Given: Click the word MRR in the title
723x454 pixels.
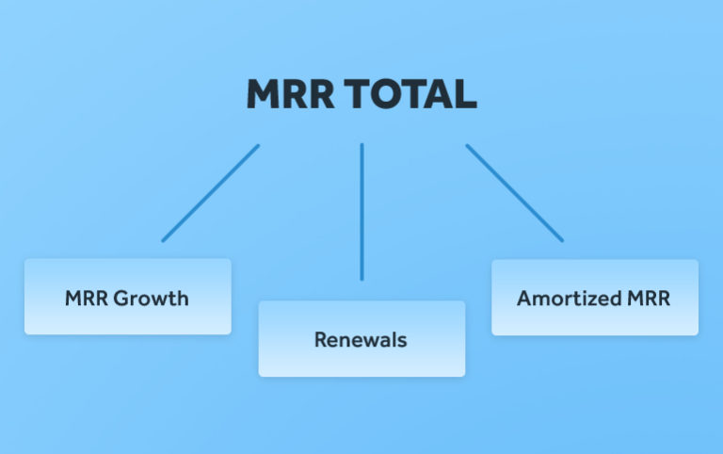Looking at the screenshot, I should [290, 94].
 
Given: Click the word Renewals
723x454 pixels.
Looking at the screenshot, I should [361, 340].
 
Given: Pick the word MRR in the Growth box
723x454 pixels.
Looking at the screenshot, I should [87, 300].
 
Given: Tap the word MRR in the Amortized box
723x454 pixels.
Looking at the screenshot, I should [649, 300].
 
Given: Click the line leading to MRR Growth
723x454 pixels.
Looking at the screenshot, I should [210, 193].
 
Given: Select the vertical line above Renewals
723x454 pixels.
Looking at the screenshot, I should [361, 212].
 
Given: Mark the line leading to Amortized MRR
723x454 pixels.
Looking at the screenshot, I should [514, 193].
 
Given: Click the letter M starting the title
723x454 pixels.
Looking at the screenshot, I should [263, 94].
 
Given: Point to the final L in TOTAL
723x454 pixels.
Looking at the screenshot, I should [466, 94].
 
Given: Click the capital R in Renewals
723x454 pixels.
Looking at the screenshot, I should [320, 340].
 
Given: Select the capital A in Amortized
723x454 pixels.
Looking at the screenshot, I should [523, 300].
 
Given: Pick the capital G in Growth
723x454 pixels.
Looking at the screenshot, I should [121, 300].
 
